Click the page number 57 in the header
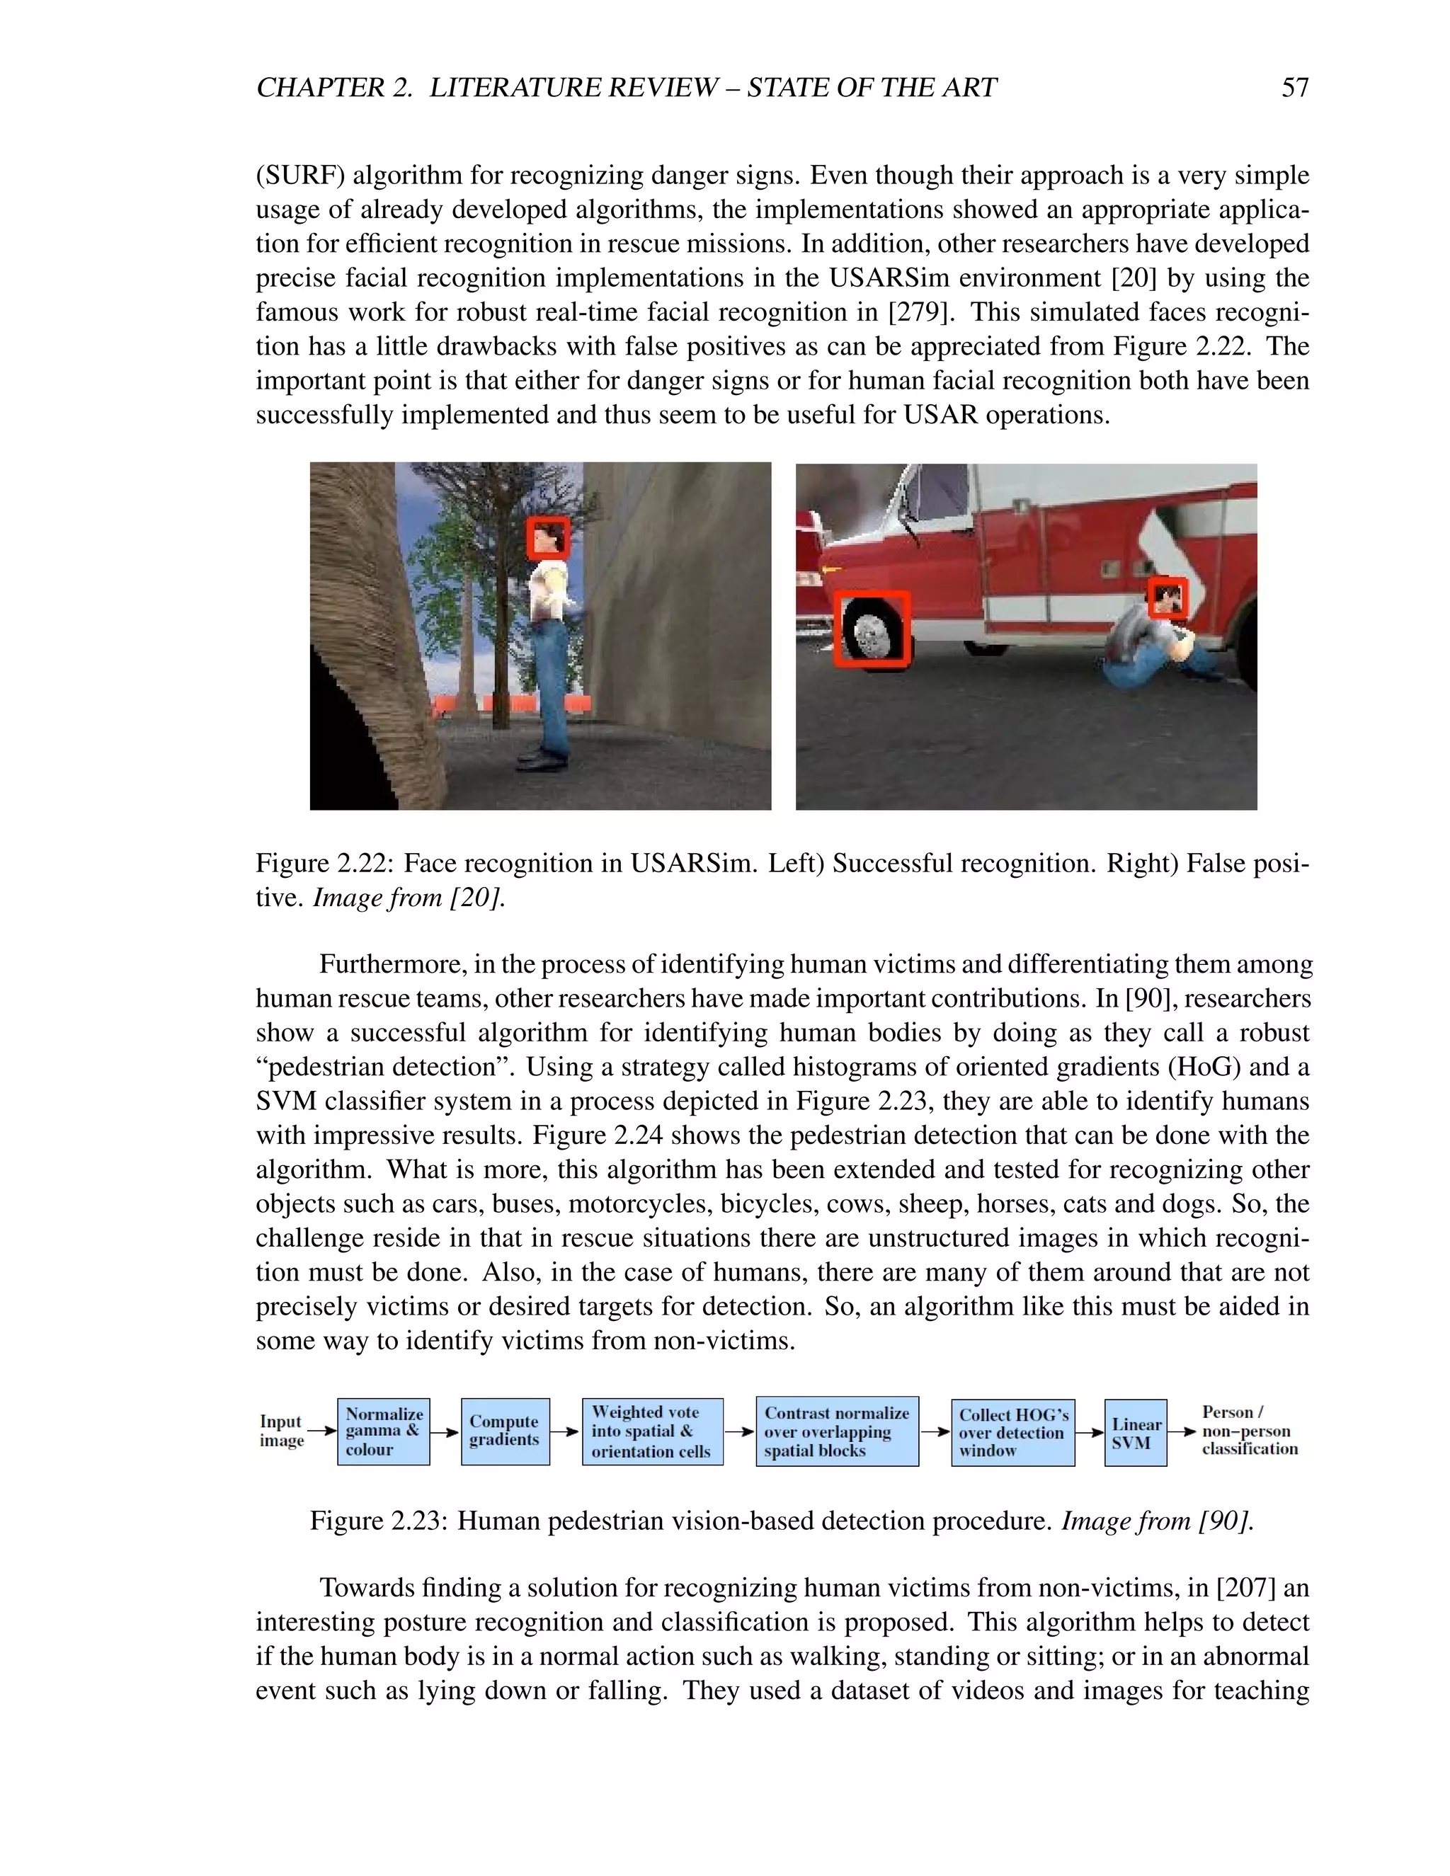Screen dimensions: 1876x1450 (x=1294, y=88)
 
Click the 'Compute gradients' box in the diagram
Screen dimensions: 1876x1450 (x=504, y=1431)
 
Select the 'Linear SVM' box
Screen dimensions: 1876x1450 (x=1135, y=1433)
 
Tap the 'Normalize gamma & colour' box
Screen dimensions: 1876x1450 (x=383, y=1431)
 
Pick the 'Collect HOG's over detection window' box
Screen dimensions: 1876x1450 (x=1012, y=1432)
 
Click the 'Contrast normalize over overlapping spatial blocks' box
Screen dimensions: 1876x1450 (x=837, y=1431)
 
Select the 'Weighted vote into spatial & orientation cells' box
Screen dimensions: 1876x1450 (x=652, y=1431)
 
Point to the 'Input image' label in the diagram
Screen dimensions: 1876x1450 (x=281, y=1431)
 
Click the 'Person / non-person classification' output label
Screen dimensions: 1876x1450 (x=1248, y=1430)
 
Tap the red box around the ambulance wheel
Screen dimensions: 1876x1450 (x=872, y=629)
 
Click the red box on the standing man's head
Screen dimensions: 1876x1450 (x=548, y=539)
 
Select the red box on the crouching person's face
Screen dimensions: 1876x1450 (x=1168, y=598)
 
